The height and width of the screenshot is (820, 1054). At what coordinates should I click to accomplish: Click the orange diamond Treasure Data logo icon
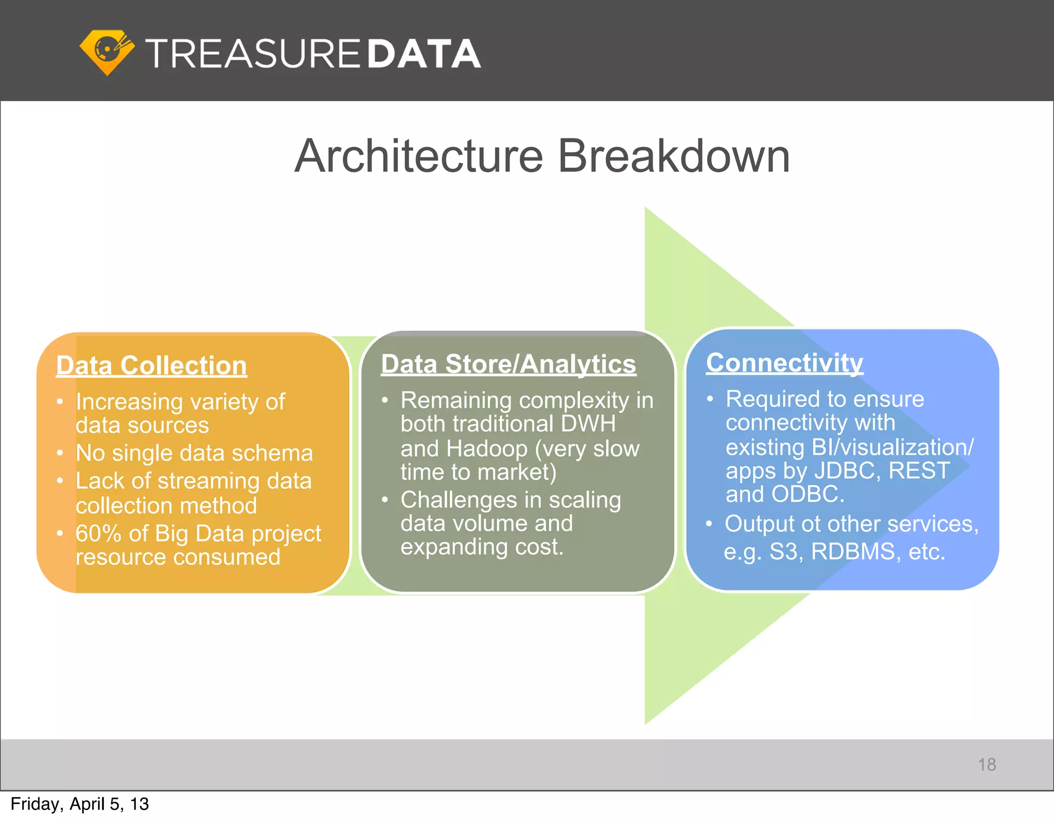tap(107, 52)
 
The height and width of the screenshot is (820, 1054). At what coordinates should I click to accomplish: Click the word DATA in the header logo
tap(424, 54)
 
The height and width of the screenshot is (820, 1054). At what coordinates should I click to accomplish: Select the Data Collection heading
tap(151, 365)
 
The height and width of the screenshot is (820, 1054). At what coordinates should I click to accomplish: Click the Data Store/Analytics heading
tap(508, 364)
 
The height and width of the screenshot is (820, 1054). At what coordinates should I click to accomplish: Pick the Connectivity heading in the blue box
tap(784, 362)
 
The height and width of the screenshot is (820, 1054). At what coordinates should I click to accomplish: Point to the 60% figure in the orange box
tap(98, 533)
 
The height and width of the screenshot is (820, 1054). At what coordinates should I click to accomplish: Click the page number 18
tap(987, 764)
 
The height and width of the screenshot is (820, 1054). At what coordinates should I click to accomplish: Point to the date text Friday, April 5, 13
tap(80, 804)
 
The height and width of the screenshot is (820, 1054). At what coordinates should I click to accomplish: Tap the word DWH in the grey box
tap(588, 424)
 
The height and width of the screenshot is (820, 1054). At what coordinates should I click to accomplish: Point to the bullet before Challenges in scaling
tap(384, 500)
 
